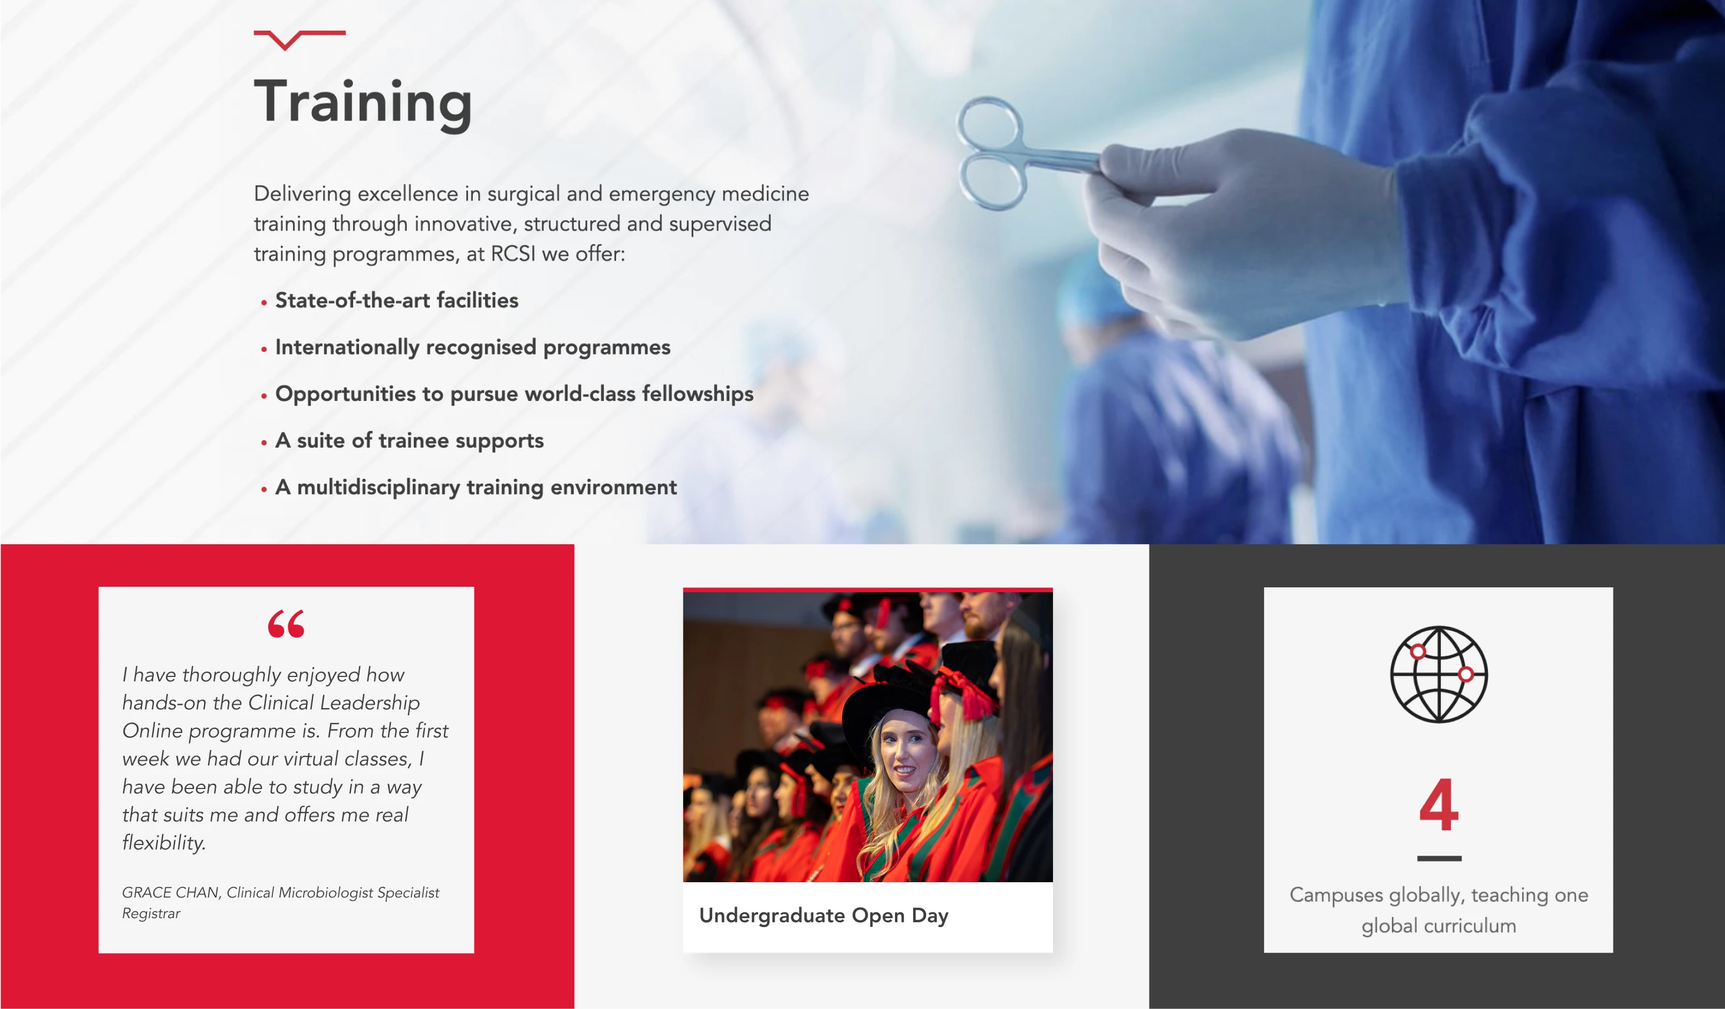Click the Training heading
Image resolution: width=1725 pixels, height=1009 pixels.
363,103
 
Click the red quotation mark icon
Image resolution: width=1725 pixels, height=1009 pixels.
286,623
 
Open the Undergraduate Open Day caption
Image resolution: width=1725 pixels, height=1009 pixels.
824,915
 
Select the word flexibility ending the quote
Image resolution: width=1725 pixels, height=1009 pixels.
164,843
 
